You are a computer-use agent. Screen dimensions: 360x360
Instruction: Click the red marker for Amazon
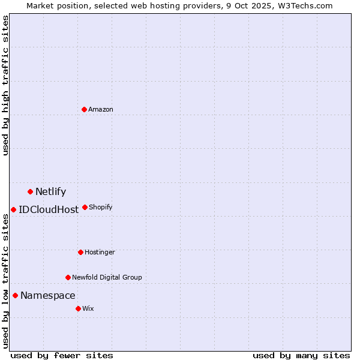pos(84,109)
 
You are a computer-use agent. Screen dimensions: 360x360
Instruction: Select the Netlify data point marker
pos(30,191)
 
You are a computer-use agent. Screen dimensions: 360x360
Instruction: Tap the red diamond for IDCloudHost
pos(13,209)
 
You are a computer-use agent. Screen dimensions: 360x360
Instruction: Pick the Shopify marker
pos(85,207)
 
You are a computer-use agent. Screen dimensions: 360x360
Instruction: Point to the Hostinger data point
pos(80,252)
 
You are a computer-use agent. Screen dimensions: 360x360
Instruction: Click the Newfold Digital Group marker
pos(68,277)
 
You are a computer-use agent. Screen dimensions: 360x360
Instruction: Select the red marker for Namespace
pos(15,295)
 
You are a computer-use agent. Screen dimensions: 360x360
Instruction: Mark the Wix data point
pos(78,308)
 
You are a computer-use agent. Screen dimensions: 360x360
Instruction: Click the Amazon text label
pos(101,109)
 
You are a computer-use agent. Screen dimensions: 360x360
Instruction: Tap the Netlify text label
pos(50,192)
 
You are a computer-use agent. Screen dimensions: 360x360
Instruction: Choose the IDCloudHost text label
pos(49,210)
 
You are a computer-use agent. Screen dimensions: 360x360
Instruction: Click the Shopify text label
pos(101,207)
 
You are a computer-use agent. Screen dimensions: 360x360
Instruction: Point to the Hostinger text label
pos(100,252)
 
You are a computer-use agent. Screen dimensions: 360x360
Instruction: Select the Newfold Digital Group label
pos(107,277)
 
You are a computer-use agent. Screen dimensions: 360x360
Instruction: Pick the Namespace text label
pos(48,296)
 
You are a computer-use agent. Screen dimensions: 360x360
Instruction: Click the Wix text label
pos(88,308)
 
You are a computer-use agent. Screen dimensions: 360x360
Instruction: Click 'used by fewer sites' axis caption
pos(62,355)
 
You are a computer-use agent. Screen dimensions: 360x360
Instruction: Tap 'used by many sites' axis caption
pos(301,355)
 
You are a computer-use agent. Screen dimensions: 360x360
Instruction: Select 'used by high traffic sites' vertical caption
pos(5,85)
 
